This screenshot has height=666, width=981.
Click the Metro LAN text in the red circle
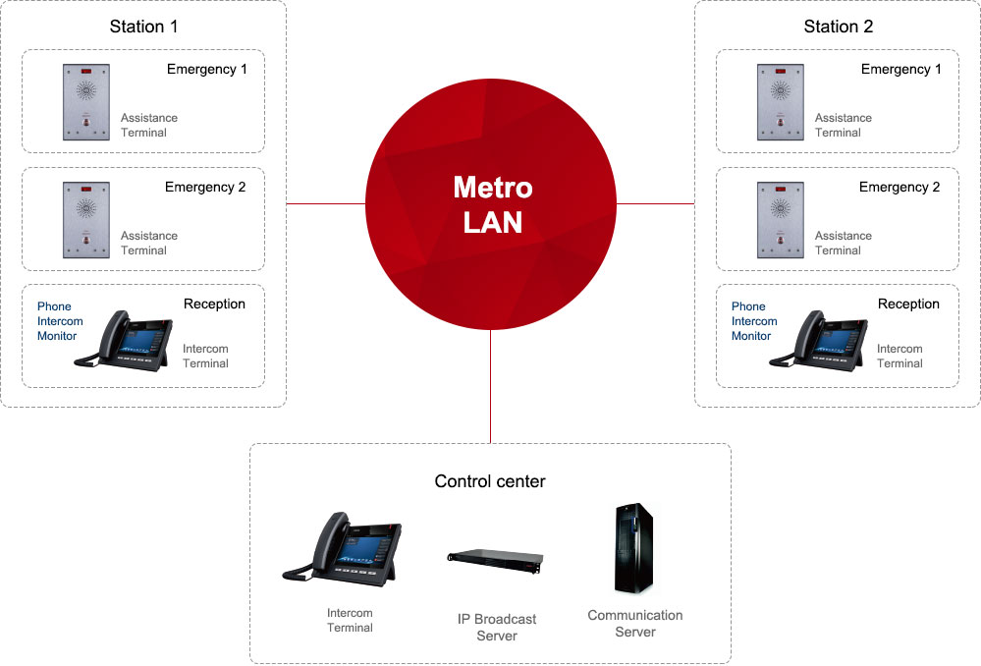pos(492,204)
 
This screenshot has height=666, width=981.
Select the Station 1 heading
pos(143,27)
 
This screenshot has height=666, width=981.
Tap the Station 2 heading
pos(838,27)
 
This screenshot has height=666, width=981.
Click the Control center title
pos(490,481)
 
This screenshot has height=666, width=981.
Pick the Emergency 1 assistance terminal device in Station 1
pos(86,102)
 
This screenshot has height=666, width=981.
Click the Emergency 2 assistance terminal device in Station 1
pos(86,220)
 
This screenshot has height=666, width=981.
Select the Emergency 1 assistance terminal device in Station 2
pos(781,102)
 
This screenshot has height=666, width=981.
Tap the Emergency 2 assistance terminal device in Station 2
pos(781,220)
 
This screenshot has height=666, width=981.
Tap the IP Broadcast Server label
pos(497,627)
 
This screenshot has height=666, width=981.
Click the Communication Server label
pos(635,623)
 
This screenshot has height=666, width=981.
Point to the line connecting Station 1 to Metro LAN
pos(325,204)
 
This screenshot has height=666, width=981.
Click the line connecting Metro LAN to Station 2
pos(655,204)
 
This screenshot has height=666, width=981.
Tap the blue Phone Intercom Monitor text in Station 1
pos(60,321)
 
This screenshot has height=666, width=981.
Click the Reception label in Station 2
pos(908,304)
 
